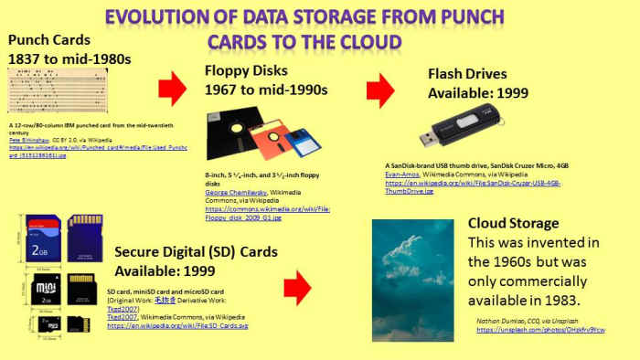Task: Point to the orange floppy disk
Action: point(261,143)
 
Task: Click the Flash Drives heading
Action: point(475,74)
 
